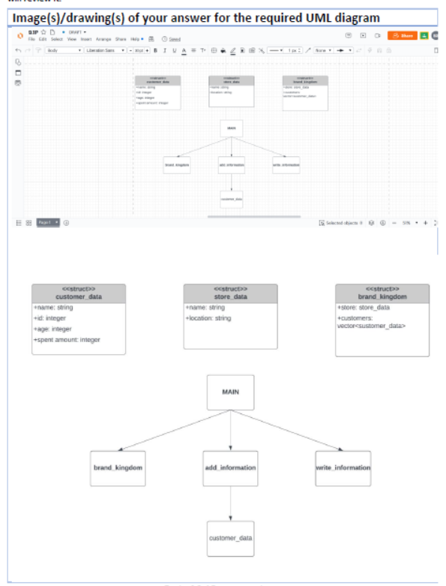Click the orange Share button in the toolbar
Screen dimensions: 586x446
402,35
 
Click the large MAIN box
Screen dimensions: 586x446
230,392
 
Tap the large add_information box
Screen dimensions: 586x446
230,467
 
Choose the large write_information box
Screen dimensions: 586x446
343,467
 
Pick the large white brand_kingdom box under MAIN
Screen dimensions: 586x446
118,467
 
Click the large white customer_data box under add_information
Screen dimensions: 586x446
230,538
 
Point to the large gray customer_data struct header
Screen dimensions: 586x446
79,293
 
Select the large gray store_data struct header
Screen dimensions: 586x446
230,293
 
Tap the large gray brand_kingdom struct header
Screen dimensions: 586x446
382,293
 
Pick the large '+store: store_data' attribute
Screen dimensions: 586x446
364,308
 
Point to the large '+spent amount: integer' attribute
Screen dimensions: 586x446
67,340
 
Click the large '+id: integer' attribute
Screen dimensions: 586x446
52,318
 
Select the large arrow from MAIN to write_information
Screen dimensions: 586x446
289,430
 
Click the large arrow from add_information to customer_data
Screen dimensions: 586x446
230,502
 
